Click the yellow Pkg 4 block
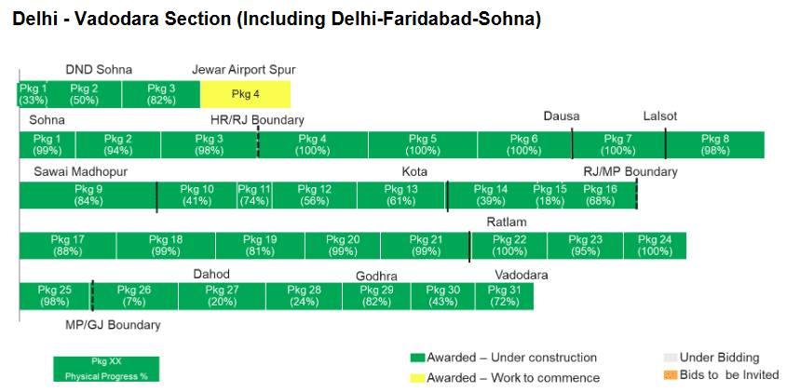coord(245,94)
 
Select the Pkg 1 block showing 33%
coord(33,94)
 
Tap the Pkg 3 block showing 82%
coord(161,94)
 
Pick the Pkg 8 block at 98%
coord(715,144)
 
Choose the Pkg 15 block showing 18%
coord(549,195)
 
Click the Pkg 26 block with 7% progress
coord(134,296)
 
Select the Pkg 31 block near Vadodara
coord(504,296)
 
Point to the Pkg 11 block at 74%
coord(253,195)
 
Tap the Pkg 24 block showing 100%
coord(655,246)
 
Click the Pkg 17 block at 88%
coord(68,246)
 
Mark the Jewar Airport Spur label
coord(243,70)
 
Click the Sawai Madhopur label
coord(80,171)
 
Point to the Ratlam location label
coord(507,223)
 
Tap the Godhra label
coord(376,277)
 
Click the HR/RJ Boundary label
coord(257,120)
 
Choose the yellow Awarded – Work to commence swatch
coord(417,378)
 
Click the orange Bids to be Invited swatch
coord(670,375)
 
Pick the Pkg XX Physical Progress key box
coord(106,369)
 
